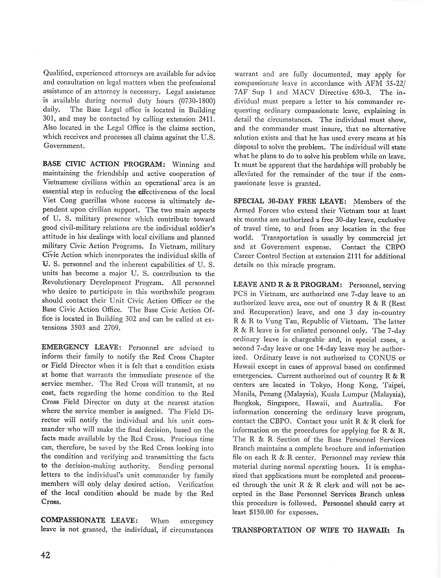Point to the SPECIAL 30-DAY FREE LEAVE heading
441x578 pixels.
tap(291, 202)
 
